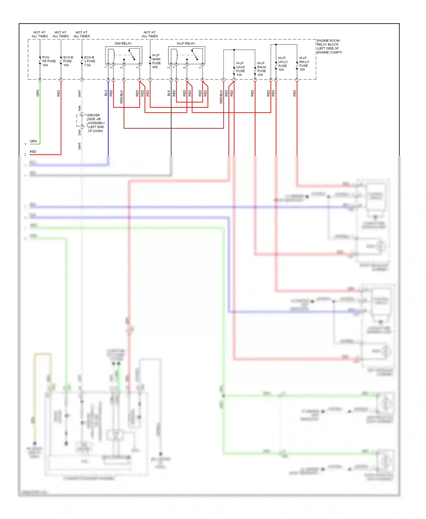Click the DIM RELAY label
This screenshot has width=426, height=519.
pos(123,43)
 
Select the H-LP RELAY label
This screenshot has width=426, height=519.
pos(186,43)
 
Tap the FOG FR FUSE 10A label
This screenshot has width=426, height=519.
pos(49,61)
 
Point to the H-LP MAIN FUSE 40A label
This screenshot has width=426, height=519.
pos(156,61)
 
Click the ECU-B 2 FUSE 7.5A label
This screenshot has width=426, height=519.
pos(89,61)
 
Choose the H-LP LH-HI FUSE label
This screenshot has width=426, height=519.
pos(240,69)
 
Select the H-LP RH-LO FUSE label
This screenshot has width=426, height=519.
pos(304,64)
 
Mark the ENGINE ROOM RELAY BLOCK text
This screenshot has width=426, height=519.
pos(329,47)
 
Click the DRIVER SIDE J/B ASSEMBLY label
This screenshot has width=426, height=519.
pos(96,123)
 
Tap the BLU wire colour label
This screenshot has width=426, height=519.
pos(106,93)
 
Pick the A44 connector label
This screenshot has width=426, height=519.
pos(80,108)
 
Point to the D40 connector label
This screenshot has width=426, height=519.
pos(80,132)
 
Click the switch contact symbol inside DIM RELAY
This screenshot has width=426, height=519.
pos(131,55)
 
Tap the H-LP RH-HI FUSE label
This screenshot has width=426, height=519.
pos(261,69)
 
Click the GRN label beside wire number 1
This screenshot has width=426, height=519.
pos(33,141)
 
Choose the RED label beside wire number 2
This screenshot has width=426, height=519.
pos(33,152)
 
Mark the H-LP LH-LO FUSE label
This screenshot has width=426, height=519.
pos(283,64)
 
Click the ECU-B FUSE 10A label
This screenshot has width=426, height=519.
pos(68,61)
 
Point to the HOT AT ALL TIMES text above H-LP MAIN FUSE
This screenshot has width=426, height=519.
pos(150,34)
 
